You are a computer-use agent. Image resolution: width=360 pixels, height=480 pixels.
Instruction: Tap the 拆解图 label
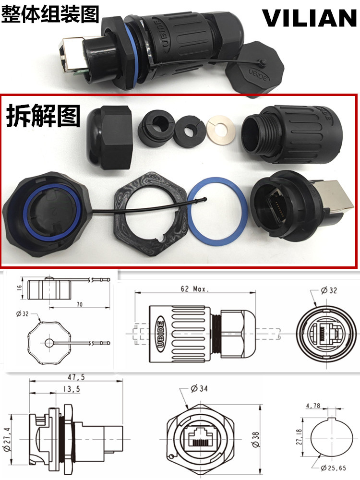[43, 115]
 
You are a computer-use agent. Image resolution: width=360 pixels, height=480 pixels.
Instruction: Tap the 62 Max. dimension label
[193, 289]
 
